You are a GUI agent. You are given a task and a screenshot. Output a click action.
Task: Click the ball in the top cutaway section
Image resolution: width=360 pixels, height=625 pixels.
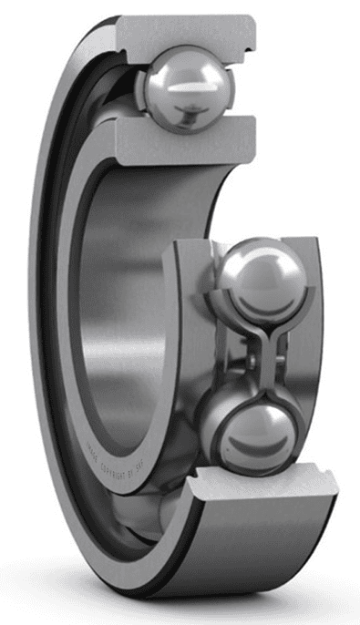coord(187,88)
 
